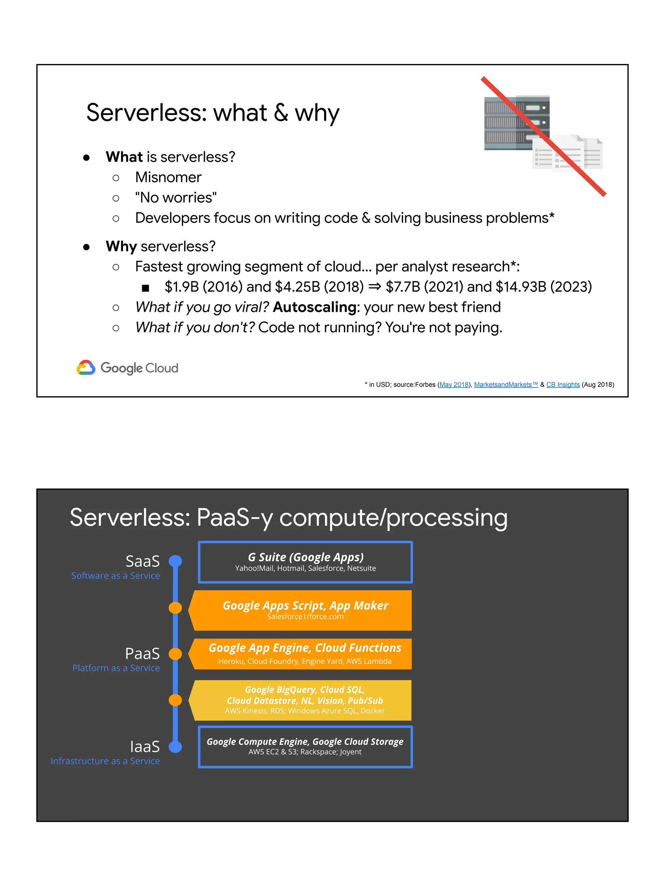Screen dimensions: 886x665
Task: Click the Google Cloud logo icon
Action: [86, 367]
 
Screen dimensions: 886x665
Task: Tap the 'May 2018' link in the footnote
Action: [454, 384]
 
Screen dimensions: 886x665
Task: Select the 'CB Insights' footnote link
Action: [563, 384]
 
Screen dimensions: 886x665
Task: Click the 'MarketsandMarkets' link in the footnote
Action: [506, 384]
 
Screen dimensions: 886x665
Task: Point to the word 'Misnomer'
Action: [168, 177]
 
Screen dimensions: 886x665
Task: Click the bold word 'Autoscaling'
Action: [315, 307]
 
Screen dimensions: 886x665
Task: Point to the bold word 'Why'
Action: [121, 246]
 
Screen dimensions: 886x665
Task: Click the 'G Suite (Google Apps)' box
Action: [306, 562]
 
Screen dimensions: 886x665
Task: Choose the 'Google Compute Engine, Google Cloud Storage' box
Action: [306, 746]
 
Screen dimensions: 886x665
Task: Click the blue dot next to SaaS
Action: [175, 561]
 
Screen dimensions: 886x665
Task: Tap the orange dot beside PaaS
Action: [175, 654]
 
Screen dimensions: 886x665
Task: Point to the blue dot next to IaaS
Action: [175, 746]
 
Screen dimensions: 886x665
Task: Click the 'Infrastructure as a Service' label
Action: [105, 761]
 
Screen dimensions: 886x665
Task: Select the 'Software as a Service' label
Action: [116, 576]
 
